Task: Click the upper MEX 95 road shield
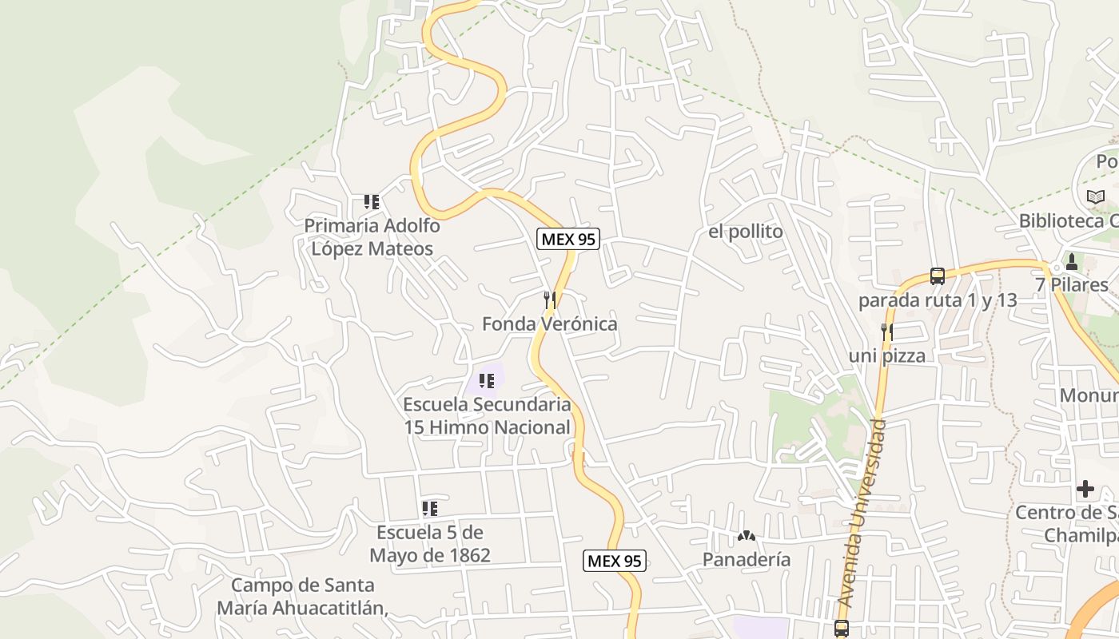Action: point(568,239)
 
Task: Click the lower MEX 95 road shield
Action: point(614,561)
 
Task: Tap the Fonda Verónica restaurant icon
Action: point(549,300)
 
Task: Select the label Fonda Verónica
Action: point(549,323)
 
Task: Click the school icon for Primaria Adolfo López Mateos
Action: point(371,202)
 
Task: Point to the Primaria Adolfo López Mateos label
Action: point(372,237)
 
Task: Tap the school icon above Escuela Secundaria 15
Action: point(487,381)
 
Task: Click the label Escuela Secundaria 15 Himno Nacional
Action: point(487,415)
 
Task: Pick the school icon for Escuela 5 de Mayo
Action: point(430,508)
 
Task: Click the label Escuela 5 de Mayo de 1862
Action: point(430,543)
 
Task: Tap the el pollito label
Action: point(745,232)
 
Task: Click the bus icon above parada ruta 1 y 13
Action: point(938,276)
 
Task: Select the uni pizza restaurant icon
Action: point(886,331)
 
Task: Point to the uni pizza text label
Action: point(887,355)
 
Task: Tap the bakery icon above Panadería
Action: point(747,536)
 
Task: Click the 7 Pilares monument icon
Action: point(1072,261)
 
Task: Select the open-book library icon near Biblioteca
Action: point(1095,196)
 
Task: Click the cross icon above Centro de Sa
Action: point(1085,488)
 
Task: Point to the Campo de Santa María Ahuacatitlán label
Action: point(303,597)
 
